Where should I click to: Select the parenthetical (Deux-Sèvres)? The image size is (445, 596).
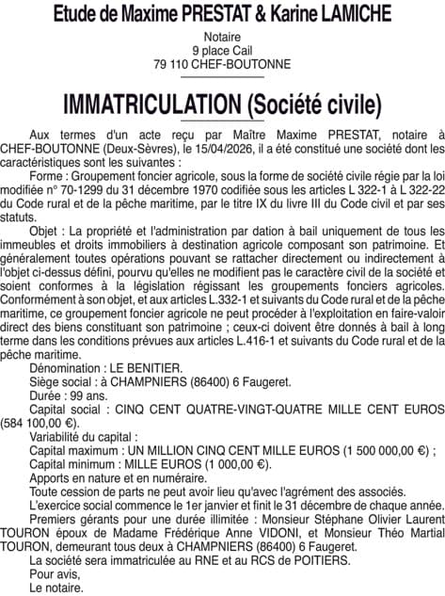[x=134, y=148]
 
